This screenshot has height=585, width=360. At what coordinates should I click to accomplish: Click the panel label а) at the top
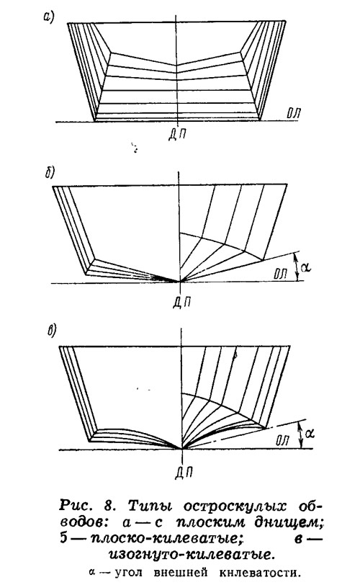click(x=49, y=18)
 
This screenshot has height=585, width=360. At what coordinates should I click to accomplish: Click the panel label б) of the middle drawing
click(x=50, y=173)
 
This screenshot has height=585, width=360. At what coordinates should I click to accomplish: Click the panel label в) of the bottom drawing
click(x=51, y=331)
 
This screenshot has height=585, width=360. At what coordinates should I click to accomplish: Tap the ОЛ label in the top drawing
click(x=294, y=113)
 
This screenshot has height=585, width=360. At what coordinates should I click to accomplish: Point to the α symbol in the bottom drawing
click(x=309, y=434)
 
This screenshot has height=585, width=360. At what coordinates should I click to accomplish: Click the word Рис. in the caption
click(x=75, y=506)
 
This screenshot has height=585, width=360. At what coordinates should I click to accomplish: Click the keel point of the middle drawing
click(x=180, y=282)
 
